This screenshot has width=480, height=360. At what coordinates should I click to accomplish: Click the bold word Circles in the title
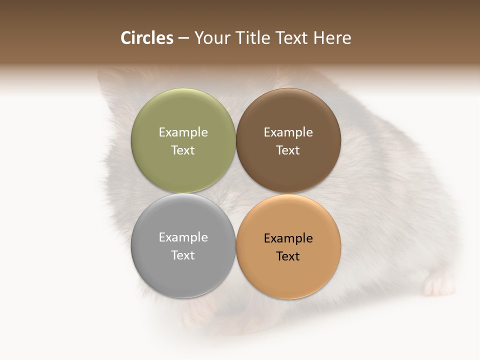(147, 38)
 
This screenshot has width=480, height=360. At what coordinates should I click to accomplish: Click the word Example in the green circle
(183, 132)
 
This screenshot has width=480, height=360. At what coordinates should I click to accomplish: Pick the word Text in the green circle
(183, 150)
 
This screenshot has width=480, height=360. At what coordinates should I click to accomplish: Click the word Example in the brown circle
(288, 132)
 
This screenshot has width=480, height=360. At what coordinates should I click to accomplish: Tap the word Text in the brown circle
(288, 150)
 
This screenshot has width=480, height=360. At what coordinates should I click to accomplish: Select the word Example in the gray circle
(183, 237)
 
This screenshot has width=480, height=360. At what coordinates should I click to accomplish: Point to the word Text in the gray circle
(183, 255)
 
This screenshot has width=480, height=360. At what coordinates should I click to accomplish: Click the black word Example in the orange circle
(288, 238)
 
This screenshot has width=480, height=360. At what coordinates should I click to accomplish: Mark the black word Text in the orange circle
(288, 256)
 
